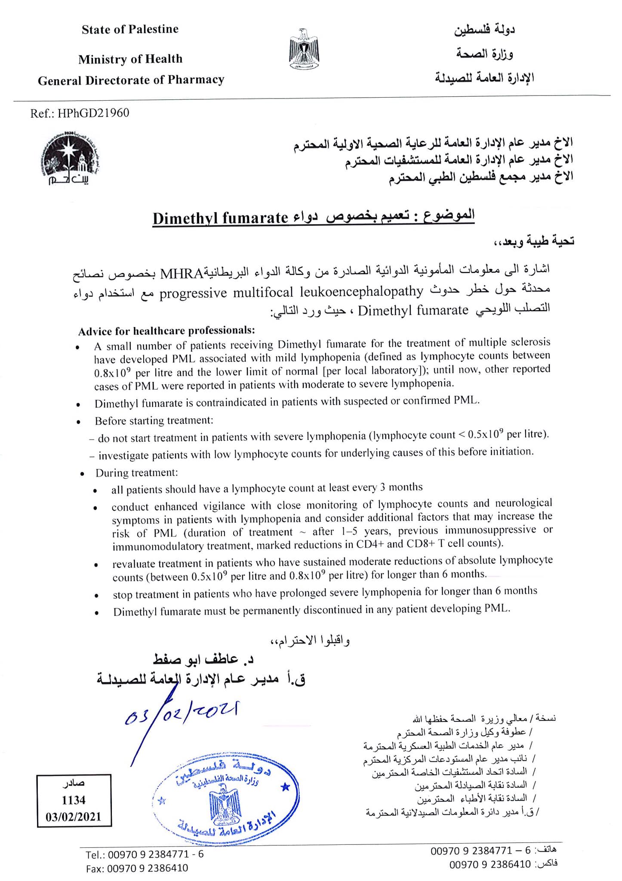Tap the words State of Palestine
tap(130, 29)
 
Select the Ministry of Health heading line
tap(130, 59)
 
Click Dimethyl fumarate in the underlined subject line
tap(220, 218)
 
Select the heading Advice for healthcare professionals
tap(166, 331)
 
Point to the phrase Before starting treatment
tap(154, 421)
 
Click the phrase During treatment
tap(136, 473)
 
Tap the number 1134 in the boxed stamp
tap(74, 800)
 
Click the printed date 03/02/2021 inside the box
tap(74, 816)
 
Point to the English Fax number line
tap(137, 868)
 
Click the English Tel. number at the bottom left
tap(144, 854)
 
